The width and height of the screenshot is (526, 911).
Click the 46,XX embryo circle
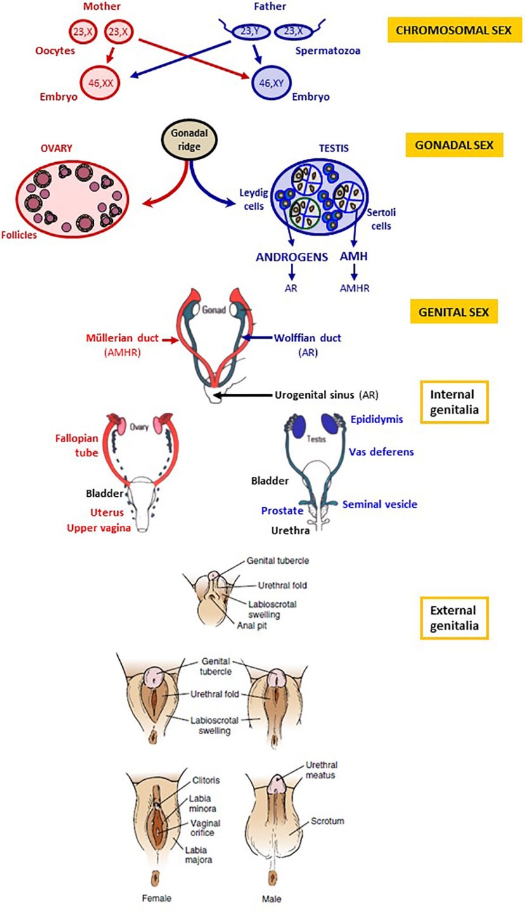pyautogui.click(x=101, y=83)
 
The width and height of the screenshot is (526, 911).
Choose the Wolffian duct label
pyautogui.click(x=307, y=339)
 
